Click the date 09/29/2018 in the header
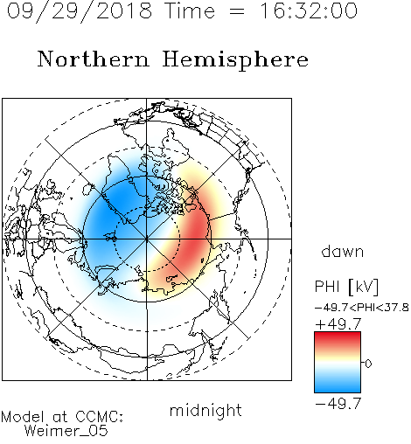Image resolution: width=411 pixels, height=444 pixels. point(80,11)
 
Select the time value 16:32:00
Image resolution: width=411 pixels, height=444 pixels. point(309,10)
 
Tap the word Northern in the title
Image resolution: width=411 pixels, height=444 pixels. point(94,59)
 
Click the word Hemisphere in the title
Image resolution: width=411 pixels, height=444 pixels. point(235,59)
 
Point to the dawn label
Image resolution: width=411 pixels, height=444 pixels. point(343,251)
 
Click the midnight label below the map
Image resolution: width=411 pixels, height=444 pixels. point(205,411)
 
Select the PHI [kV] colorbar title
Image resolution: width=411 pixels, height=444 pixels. point(347,287)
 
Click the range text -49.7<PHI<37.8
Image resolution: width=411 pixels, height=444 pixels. point(362,308)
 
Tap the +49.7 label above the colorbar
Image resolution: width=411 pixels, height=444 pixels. point(338,324)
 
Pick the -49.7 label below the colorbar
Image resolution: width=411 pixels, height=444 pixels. point(338,404)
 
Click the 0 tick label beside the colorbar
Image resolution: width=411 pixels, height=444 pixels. point(368,364)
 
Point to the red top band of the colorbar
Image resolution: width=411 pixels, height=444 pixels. point(338,338)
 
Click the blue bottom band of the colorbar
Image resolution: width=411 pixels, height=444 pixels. point(338,386)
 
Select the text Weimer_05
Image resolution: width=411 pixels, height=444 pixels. point(66,431)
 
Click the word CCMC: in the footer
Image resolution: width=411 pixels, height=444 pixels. point(100,417)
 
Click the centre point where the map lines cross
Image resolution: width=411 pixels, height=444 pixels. point(147,239)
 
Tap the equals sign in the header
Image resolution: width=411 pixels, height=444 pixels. point(237,12)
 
